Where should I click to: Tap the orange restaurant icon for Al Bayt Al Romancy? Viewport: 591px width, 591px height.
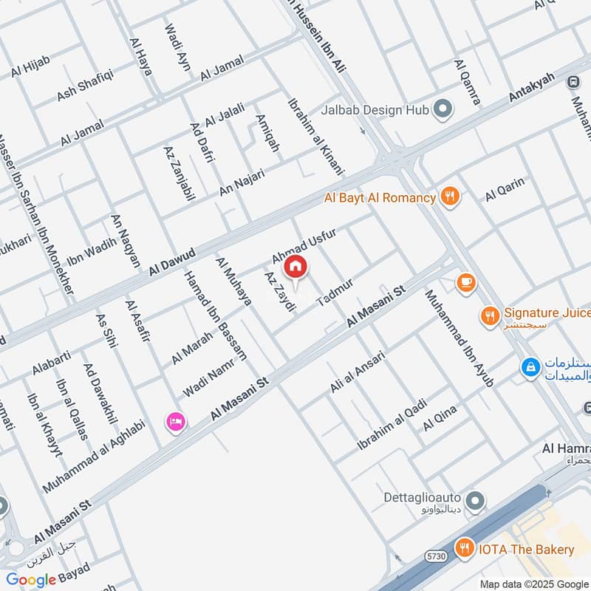coord(450,197)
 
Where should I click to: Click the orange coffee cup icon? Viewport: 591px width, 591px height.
coord(465,283)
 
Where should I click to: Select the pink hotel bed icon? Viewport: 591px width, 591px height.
coord(177,422)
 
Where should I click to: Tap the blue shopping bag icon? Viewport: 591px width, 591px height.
coord(530,366)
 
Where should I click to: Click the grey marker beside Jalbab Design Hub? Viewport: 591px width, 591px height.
coord(443,111)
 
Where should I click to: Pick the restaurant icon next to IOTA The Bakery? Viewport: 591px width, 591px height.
coord(465,548)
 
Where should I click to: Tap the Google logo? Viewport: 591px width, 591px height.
coord(31,580)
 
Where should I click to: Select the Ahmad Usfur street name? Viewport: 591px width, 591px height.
coord(304,245)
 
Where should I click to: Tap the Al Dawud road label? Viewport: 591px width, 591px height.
coord(171,263)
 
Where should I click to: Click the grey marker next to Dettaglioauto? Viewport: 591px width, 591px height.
coord(476,502)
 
